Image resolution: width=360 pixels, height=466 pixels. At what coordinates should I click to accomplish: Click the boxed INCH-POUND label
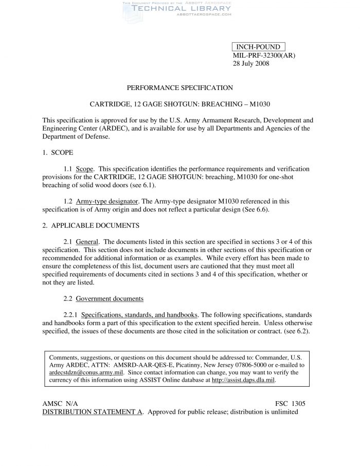click(258, 47)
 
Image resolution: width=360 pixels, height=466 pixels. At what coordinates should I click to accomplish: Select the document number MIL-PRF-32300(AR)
click(264, 56)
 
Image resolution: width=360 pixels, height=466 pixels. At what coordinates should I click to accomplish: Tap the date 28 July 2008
click(251, 64)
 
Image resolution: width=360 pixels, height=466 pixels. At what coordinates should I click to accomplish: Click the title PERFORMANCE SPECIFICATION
click(180, 88)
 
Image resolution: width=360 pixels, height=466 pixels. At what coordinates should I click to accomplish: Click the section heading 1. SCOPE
click(58, 153)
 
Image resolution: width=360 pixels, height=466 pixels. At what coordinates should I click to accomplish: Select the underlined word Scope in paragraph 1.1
click(84, 169)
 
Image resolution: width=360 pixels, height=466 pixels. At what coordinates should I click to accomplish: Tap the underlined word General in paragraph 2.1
click(87, 242)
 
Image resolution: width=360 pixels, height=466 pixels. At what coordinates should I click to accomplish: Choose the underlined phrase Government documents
click(110, 298)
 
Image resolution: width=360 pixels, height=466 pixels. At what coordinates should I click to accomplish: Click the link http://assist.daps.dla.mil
click(243, 380)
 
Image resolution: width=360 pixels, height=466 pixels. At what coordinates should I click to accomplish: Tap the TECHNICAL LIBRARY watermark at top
click(175, 9)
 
